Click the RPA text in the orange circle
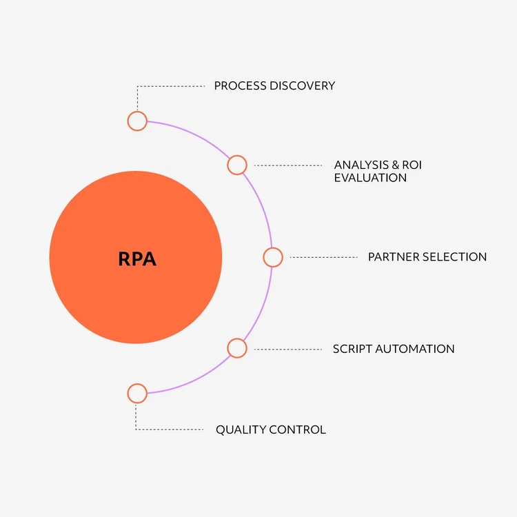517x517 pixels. tap(137, 258)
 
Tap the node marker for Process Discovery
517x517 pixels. tap(137, 121)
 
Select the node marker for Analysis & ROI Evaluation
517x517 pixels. tap(236, 165)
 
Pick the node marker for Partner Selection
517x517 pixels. tap(273, 257)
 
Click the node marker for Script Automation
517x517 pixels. tap(236, 348)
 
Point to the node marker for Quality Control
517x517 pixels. tap(137, 394)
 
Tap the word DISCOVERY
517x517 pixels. tap(303, 86)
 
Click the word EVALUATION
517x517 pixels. tap(370, 178)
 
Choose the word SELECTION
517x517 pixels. tap(455, 257)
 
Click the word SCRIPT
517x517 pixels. tap(352, 349)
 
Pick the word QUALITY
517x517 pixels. tap(241, 430)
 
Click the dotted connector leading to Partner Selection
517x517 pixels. tap(323, 257)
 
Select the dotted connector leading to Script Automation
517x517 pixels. tap(287, 349)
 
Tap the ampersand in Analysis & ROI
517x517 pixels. tap(395, 165)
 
